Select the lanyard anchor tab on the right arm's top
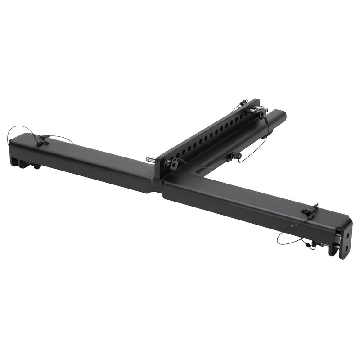coord(310,210)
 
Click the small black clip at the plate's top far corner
coord(243,103)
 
